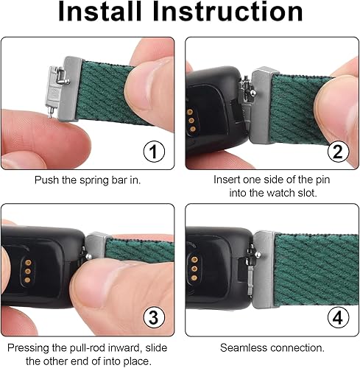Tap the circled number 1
152,153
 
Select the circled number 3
152,317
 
